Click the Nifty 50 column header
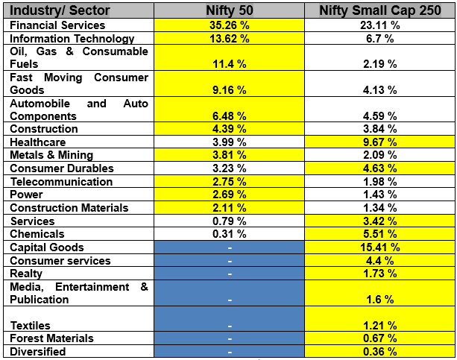point(230,11)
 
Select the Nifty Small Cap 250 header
point(380,11)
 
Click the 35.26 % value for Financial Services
point(230,25)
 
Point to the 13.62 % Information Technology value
point(230,39)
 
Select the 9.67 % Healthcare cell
point(380,142)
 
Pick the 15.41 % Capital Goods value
point(380,247)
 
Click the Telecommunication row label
point(51,182)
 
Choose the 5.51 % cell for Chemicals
point(380,234)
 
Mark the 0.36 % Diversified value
point(380,352)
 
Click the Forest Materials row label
point(47,338)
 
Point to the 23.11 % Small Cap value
point(380,25)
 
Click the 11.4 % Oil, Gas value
point(230,65)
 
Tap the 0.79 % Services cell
point(230,221)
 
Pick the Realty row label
point(26,274)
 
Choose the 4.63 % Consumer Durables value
point(380,168)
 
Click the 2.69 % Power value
point(230,195)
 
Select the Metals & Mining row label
point(51,156)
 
